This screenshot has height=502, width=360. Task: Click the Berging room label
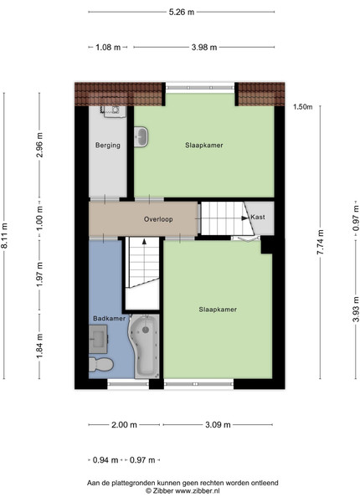tap(108, 146)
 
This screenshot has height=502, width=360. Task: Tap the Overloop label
tap(158, 219)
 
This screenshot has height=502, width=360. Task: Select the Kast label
tap(258, 217)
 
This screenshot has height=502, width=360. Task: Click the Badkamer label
tap(109, 318)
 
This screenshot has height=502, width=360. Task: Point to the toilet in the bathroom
tap(101, 364)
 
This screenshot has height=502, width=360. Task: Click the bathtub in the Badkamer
tap(145, 346)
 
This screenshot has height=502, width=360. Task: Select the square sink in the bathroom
tap(98, 339)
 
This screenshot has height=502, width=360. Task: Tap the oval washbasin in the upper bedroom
tap(141, 137)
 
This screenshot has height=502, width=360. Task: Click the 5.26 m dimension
tap(182, 13)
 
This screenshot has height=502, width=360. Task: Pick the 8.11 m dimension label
tap(4, 236)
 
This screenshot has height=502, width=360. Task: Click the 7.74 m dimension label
tap(321, 242)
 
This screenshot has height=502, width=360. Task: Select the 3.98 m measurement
tap(204, 48)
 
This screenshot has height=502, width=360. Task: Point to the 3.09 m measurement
tap(218, 425)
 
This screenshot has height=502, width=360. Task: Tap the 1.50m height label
tap(303, 107)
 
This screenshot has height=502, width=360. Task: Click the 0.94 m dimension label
tap(105, 460)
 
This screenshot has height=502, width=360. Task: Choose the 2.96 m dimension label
tap(39, 145)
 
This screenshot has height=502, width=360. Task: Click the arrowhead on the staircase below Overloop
tap(144, 242)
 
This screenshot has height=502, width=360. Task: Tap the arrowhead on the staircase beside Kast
tap(245, 218)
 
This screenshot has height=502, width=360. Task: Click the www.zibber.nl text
tap(198, 491)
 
